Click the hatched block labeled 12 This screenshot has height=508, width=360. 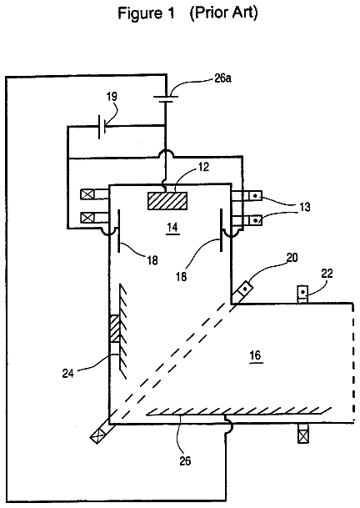pyautogui.click(x=167, y=201)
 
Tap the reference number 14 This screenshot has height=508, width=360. pyautogui.click(x=172, y=227)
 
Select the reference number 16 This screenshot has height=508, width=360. pyautogui.click(x=256, y=355)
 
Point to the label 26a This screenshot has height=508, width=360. pyautogui.click(x=222, y=78)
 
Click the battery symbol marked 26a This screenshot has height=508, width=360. pyautogui.click(x=166, y=99)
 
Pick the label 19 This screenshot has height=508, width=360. pyautogui.click(x=112, y=96)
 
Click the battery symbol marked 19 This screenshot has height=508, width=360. pyautogui.click(x=102, y=127)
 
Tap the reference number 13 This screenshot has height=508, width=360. pyautogui.click(x=304, y=207)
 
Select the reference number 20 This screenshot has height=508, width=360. pyautogui.click(x=292, y=258)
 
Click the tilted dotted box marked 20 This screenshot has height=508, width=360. pyautogui.click(x=245, y=289)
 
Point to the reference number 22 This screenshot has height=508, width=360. pyautogui.click(x=327, y=274)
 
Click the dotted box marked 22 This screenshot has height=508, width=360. pyautogui.click(x=303, y=293)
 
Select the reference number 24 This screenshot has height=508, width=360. pyautogui.click(x=68, y=374)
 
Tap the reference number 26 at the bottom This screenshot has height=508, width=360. pyautogui.click(x=185, y=460)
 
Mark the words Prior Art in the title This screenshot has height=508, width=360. pyautogui.click(x=223, y=13)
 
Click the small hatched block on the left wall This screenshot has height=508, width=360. pyautogui.click(x=115, y=329)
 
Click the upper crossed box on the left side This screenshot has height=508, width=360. pyautogui.click(x=87, y=194)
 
